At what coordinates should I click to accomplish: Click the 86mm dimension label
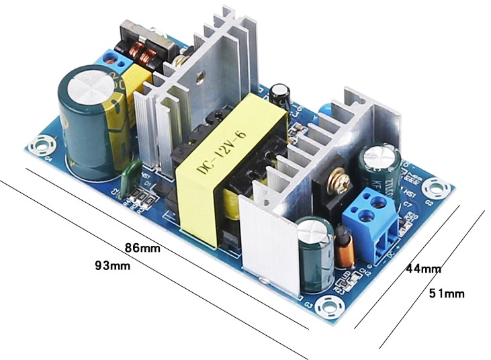pyautogui.click(x=142, y=247)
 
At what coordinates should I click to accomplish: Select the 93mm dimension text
pyautogui.click(x=112, y=265)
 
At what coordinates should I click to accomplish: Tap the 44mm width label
pyautogui.click(x=423, y=269)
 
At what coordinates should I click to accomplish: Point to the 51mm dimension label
pyautogui.click(x=447, y=294)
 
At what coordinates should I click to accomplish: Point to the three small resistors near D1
pyautogui.click(x=142, y=196)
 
